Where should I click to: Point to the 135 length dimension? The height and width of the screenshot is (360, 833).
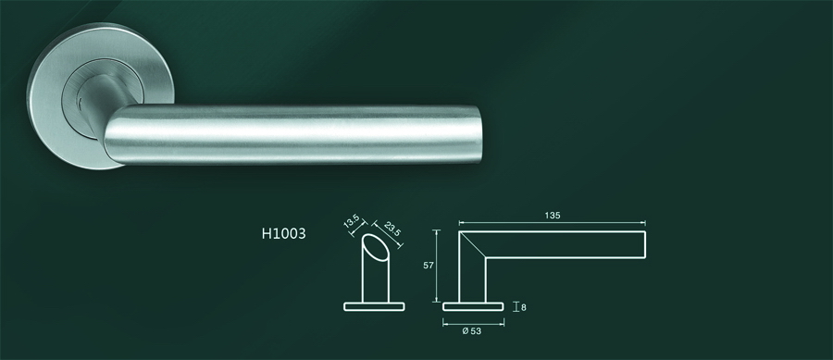pyautogui.click(x=553, y=216)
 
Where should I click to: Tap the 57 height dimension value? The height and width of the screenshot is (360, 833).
pyautogui.click(x=428, y=265)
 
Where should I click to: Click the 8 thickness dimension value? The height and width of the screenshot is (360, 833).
pyautogui.click(x=524, y=306)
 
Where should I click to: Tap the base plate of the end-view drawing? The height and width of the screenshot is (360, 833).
pyautogui.click(x=374, y=304)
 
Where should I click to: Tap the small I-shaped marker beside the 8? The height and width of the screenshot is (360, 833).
pyautogui.click(x=515, y=305)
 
